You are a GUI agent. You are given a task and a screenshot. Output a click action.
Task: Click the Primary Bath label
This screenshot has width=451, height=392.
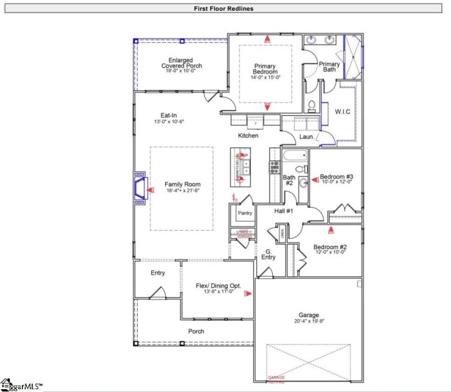(x=329, y=67)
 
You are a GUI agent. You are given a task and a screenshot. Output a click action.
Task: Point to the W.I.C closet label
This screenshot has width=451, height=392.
(x=342, y=112)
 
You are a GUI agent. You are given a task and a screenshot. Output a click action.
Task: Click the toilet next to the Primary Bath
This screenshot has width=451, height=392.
(x=311, y=105)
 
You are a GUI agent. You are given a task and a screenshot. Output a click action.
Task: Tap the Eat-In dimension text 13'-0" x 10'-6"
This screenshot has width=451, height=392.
(x=170, y=122)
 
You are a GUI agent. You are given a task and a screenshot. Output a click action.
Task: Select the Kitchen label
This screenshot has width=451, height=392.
(x=248, y=136)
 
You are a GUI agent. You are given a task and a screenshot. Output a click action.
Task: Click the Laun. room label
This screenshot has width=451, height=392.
(x=307, y=136)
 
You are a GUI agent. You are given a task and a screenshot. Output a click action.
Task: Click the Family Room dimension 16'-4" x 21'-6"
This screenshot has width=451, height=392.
(x=182, y=191)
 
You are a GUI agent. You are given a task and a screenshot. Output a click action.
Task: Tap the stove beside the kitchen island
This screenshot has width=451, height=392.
(x=275, y=166)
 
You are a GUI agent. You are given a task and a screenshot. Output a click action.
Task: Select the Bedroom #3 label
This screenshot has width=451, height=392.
(x=336, y=177)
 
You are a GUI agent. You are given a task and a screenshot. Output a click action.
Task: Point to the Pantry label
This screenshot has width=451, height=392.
(x=245, y=213)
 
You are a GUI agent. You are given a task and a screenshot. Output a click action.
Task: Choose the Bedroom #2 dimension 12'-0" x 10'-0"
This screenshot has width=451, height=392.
(x=330, y=253)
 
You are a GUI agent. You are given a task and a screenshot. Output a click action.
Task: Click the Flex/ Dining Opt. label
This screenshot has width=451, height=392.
(x=214, y=287)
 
